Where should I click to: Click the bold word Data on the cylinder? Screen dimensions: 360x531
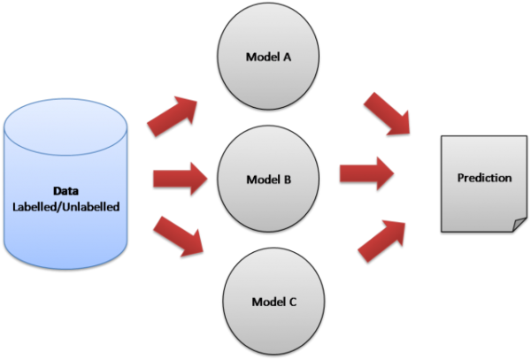(66, 190)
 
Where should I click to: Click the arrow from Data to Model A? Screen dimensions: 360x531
(173, 113)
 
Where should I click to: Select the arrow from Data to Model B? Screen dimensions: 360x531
(180, 178)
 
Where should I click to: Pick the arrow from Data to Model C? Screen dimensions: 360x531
(180, 234)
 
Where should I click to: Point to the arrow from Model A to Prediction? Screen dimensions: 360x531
(388, 113)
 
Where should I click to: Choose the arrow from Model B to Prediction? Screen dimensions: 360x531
(366, 172)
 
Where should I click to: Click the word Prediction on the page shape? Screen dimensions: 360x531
(484, 178)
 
